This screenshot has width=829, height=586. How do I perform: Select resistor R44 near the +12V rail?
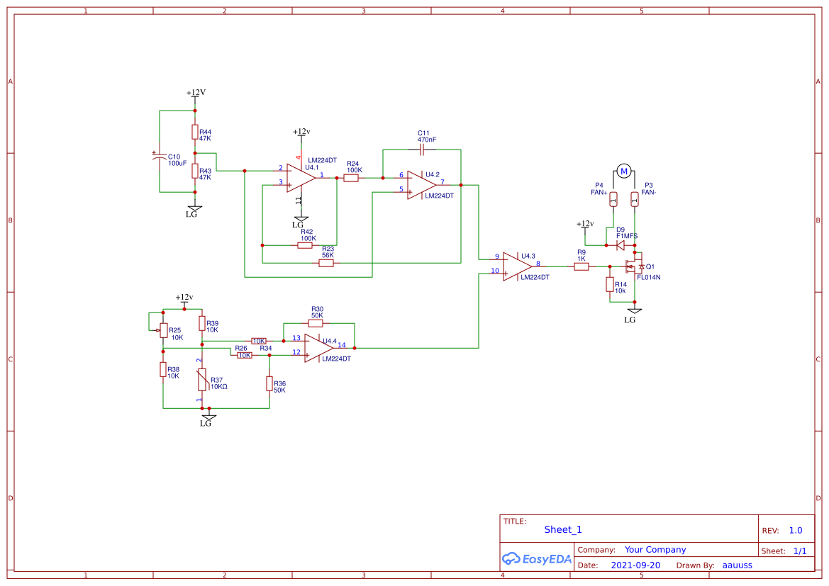[195, 133]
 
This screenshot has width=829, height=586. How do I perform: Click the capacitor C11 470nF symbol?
[422, 150]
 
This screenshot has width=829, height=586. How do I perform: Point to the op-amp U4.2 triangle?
[421, 185]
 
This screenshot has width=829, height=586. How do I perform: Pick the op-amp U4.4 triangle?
[318, 348]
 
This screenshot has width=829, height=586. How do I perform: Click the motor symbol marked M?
[624, 171]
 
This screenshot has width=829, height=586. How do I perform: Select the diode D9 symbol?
[620, 245]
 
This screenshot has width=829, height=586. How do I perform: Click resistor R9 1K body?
[582, 266]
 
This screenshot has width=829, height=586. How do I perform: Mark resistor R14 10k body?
[609, 284]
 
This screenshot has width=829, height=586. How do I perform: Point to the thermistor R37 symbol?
[202, 380]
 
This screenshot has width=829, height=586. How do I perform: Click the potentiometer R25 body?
[163, 331]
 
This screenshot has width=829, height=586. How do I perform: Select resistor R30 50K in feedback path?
[317, 323]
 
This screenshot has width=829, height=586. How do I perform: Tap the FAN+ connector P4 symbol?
[614, 199]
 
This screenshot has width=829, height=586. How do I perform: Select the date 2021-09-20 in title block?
[635, 565]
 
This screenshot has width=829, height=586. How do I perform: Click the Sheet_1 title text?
[563, 529]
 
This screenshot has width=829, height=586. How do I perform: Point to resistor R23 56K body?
[326, 263]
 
